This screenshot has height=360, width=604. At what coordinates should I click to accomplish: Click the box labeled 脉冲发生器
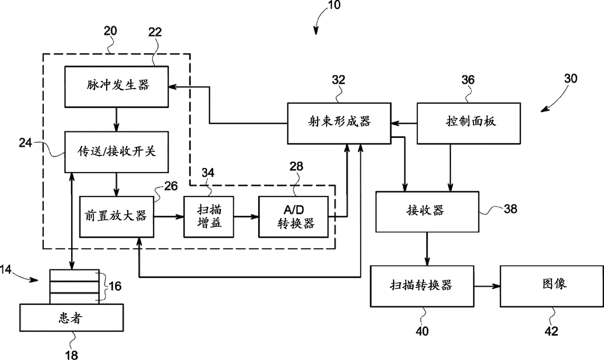tap(116, 87)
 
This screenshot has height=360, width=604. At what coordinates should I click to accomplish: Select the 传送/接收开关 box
tap(116, 152)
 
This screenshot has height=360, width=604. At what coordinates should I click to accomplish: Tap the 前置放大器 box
tap(116, 217)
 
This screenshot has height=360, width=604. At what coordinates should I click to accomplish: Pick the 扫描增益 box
tap(208, 217)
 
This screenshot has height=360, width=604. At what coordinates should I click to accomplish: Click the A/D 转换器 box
tap(293, 217)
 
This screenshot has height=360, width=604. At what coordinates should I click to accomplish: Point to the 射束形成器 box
tap(339, 123)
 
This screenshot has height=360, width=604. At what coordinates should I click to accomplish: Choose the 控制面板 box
tap(469, 123)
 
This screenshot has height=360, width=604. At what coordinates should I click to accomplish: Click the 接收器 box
tap(427, 212)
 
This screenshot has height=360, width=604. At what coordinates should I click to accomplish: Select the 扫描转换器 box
tap(422, 286)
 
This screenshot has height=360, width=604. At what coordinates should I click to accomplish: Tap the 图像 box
tap(552, 286)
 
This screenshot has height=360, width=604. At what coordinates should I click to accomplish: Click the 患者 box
tap(72, 318)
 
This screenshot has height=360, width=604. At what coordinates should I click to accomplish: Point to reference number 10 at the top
tap(334, 5)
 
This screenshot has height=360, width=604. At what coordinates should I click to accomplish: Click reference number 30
tap(570, 78)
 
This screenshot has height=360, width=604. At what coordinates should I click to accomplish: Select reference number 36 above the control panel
tap(468, 80)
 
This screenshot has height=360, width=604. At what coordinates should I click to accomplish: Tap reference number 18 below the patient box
tap(72, 355)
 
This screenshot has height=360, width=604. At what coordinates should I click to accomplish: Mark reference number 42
tap(551, 331)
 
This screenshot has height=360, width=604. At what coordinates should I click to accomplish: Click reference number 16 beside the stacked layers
tap(115, 286)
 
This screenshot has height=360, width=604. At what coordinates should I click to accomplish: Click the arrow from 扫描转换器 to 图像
tap(487, 286)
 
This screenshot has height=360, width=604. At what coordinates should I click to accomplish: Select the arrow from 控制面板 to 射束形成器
tap(404, 124)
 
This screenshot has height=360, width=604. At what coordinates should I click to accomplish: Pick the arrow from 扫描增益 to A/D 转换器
tap(246, 217)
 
